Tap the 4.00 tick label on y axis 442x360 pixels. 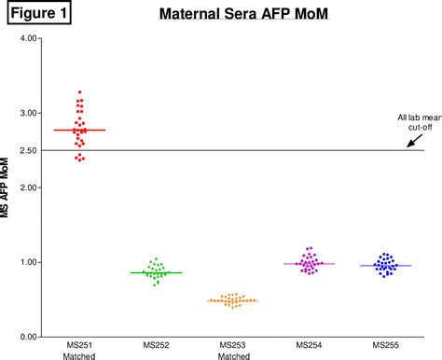point(28,39)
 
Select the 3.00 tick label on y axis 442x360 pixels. point(28,114)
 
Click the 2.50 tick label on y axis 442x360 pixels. point(28,151)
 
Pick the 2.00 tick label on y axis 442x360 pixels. point(28,188)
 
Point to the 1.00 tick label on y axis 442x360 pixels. point(28,263)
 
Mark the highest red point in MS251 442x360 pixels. point(80,92)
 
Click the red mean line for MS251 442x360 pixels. point(80,130)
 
